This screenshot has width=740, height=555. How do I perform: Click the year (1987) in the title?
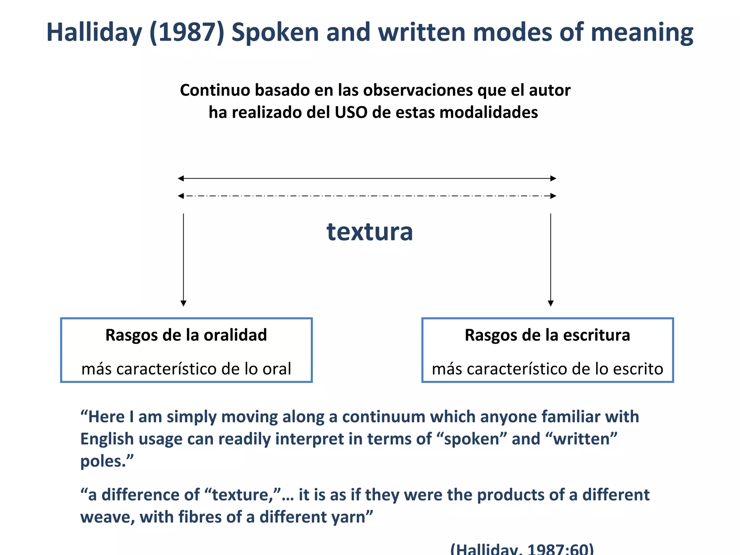point(186,33)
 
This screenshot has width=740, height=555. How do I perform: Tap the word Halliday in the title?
point(94,33)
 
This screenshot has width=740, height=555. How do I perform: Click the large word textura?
point(370,232)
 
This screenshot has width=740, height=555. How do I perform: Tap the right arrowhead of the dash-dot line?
point(553,196)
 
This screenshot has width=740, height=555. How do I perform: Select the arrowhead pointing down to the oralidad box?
point(184,303)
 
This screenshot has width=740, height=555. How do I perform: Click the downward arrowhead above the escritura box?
point(551,303)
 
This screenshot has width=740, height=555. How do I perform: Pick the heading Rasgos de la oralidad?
point(186,335)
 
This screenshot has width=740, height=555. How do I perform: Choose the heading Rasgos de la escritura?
point(547,335)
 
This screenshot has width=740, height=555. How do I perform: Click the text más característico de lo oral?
point(186,369)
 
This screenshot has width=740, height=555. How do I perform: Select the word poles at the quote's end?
point(103,461)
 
